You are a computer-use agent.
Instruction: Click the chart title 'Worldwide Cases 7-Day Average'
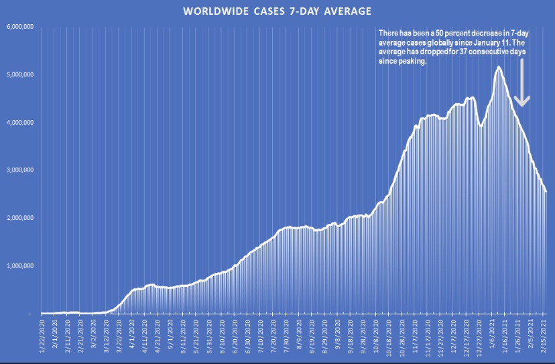(x=277, y=11)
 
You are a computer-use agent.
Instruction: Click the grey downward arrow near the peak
(x=522, y=90)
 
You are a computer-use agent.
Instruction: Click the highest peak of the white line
(x=498, y=66)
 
